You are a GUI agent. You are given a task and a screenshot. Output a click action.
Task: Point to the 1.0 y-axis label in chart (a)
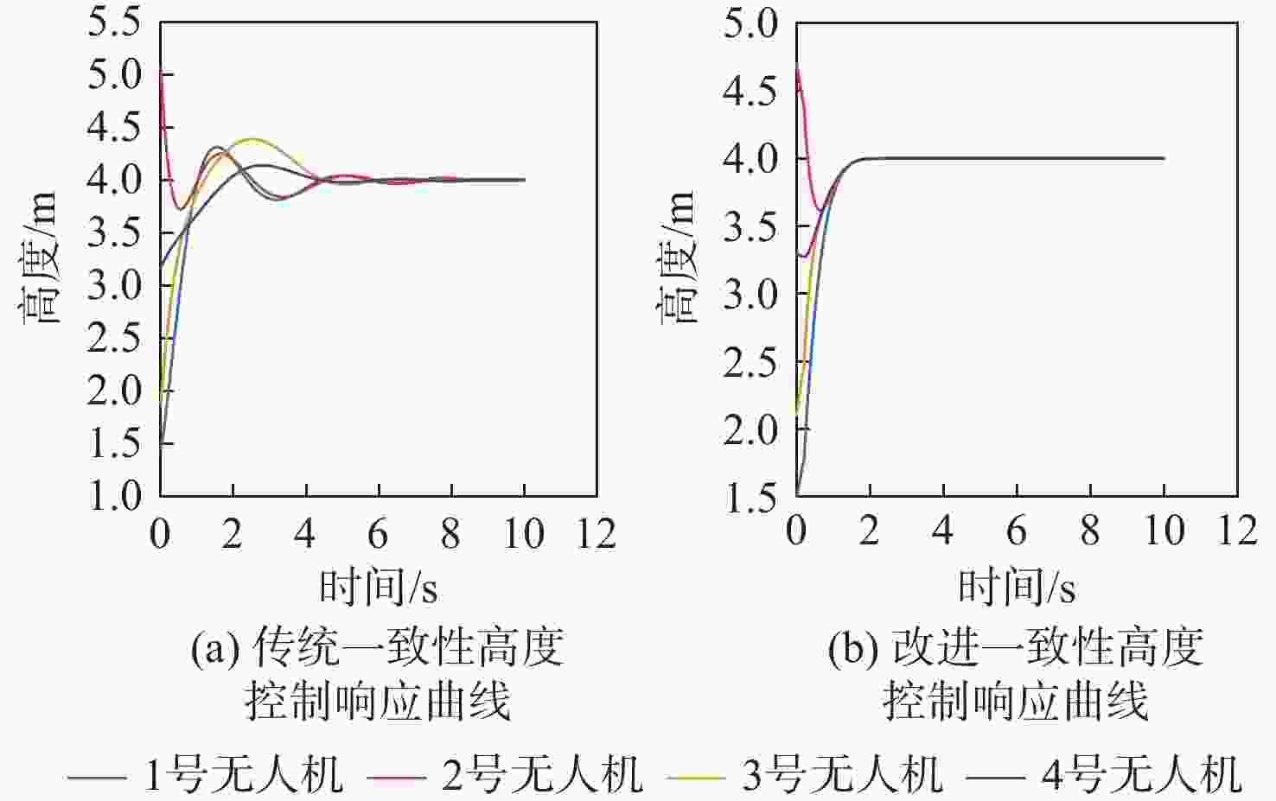tap(114, 495)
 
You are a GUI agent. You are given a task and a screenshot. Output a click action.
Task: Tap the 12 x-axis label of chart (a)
tap(597, 534)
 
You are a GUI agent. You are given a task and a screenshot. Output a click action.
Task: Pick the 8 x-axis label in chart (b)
tap(1090, 531)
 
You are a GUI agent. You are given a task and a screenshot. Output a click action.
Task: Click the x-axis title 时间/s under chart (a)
tap(379, 588)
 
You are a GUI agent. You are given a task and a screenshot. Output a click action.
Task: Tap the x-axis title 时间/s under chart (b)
tap(1017, 588)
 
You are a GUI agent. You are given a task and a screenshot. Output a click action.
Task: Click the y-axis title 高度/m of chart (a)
tap(40, 259)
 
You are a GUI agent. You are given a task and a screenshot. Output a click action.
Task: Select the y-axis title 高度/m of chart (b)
tap(678, 259)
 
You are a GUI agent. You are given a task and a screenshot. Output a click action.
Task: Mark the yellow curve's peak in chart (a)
tap(252, 139)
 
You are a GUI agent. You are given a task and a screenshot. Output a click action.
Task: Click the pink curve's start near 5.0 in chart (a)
tap(162, 73)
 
